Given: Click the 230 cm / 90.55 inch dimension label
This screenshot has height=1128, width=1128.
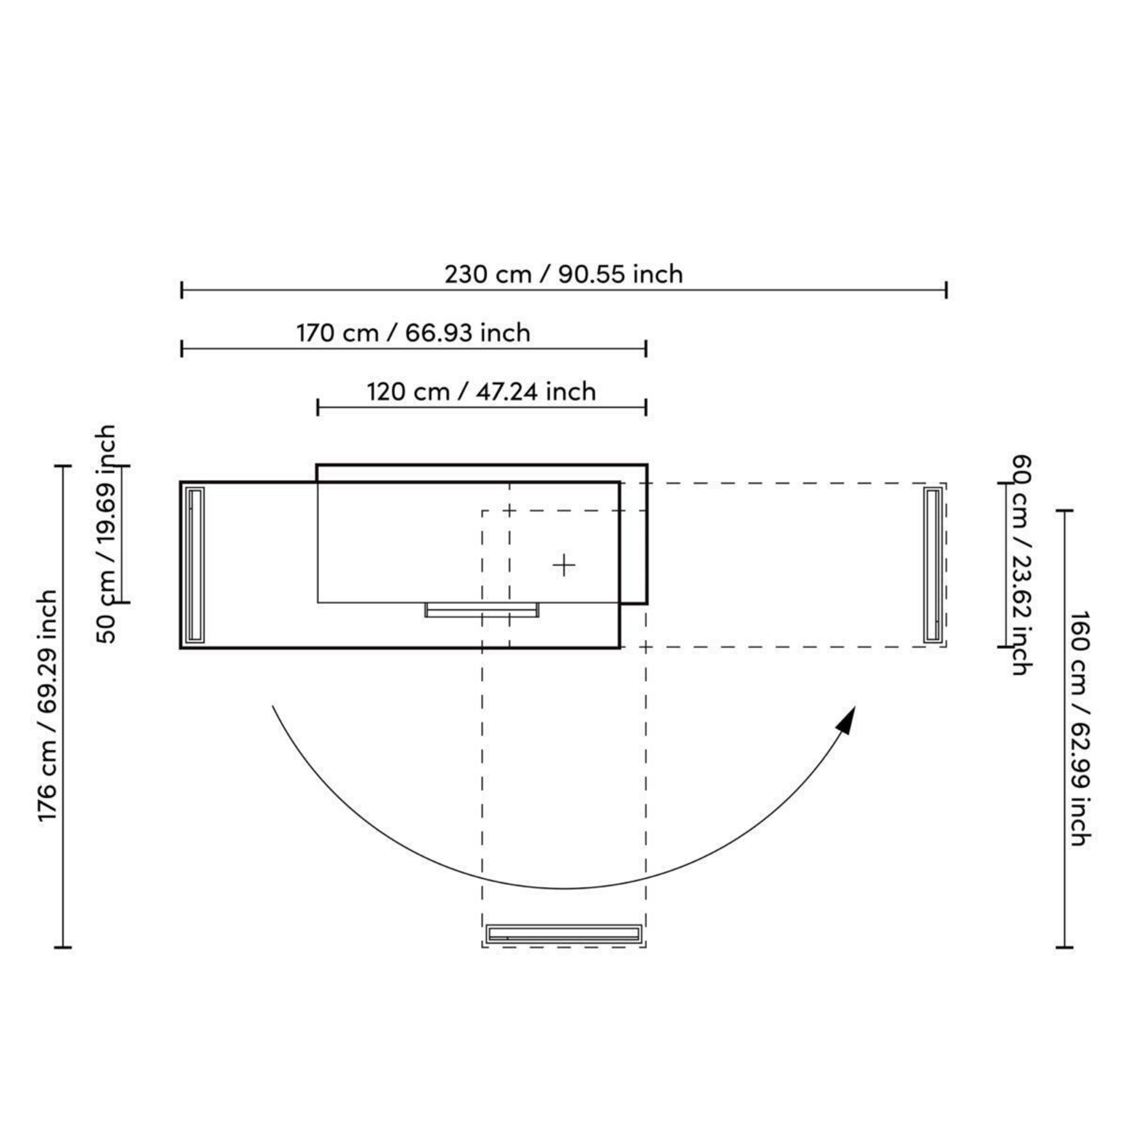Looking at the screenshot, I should (563, 274).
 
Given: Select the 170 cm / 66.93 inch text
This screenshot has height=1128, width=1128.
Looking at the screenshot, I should (413, 333).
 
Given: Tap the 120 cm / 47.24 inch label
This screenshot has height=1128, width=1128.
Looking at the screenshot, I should (481, 392).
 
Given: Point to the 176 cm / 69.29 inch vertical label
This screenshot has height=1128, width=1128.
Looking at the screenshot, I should (48, 706).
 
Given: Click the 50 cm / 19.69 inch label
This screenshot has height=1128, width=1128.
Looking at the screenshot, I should (107, 534).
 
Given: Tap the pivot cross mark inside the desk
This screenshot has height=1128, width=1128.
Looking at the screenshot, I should (564, 565).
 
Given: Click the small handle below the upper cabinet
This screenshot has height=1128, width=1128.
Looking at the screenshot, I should (481, 610).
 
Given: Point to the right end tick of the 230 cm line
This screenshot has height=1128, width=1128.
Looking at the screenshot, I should (946, 290).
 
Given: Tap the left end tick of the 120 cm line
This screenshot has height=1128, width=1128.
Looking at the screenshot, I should (318, 407).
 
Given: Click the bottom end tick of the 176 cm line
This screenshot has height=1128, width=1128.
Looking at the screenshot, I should (63, 948).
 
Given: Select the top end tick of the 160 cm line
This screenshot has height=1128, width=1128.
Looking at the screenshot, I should (1065, 511).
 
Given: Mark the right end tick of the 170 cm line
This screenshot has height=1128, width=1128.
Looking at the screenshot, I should (645, 349).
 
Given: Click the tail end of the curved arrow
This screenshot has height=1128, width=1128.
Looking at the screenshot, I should (273, 706).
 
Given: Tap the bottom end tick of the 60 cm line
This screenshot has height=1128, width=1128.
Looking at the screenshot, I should (1006, 647).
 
